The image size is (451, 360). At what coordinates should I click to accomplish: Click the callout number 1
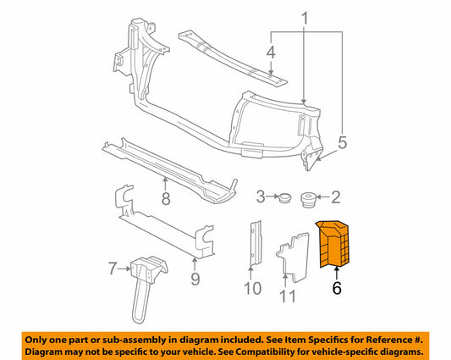click(305, 18)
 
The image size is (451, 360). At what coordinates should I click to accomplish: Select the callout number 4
click(271, 53)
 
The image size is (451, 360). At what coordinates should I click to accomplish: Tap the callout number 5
click(343, 143)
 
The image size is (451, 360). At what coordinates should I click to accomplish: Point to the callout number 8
click(166, 198)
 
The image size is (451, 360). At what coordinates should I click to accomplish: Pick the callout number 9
click(195, 279)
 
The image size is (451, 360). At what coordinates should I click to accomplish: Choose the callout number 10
click(252, 288)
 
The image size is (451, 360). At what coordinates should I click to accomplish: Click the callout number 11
click(288, 296)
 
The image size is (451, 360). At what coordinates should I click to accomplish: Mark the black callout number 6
click(337, 288)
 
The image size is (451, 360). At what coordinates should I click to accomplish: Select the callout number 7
click(113, 269)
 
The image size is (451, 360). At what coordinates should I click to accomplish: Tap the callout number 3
click(261, 197)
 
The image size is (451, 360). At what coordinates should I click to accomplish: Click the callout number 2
click(336, 197)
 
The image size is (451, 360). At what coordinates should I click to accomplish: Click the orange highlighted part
click(333, 244)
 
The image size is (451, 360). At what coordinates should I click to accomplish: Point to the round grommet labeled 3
click(285, 198)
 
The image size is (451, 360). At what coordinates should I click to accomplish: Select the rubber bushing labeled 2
click(308, 199)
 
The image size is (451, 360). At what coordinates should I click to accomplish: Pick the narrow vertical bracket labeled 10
click(256, 242)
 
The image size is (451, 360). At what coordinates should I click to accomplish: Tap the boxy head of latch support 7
click(149, 268)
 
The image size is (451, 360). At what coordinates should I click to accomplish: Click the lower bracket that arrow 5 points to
click(312, 153)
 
